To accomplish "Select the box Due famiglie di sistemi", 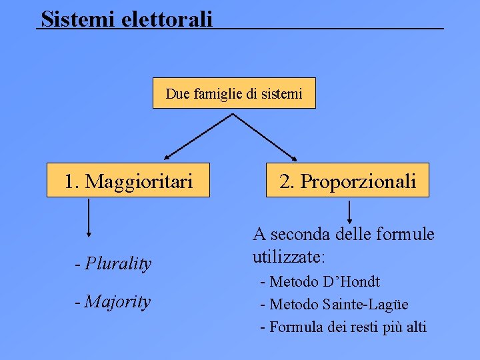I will pyautogui.click(x=234, y=93).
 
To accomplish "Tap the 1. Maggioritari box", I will pyautogui.click(x=128, y=181).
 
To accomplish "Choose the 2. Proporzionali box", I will pyautogui.click(x=347, y=181).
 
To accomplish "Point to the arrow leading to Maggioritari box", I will pyautogui.click(x=198, y=137).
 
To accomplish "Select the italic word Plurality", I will pyautogui.click(x=118, y=264).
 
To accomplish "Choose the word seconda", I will pyautogui.click(x=299, y=235).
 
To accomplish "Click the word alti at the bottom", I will pyautogui.click(x=413, y=327).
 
